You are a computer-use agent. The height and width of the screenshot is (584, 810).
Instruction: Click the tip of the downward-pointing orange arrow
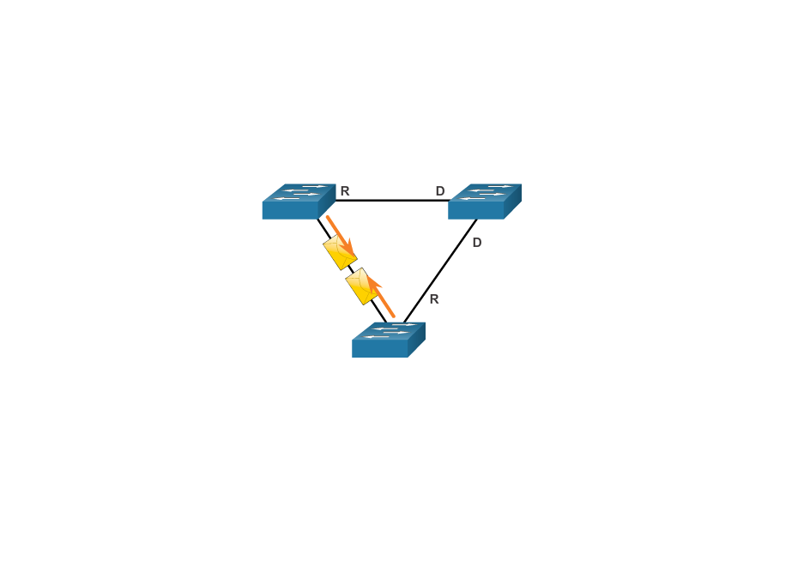pyautogui.click(x=354, y=255)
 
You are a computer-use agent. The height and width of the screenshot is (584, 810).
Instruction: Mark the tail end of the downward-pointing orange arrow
pyautogui.click(x=328, y=217)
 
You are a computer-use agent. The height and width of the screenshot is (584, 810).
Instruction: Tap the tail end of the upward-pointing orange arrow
pyautogui.click(x=394, y=316)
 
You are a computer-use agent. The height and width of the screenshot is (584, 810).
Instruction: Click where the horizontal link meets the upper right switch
pyautogui.click(x=449, y=201)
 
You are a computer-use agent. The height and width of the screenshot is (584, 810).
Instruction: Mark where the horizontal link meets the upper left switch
pyautogui.click(x=335, y=201)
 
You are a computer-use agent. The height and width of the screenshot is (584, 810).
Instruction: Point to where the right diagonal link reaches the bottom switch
pyautogui.click(x=404, y=322)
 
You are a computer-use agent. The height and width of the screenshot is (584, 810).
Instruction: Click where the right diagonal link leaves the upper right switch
pyautogui.click(x=476, y=220)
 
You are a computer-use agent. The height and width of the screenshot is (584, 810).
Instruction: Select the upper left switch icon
pyautogui.click(x=299, y=202)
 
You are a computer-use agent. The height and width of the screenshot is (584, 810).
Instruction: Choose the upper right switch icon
pyautogui.click(x=485, y=202)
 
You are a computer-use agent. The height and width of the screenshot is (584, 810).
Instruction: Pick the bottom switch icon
pyautogui.click(x=389, y=340)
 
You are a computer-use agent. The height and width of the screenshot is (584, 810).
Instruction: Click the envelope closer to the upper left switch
pyautogui.click(x=340, y=252)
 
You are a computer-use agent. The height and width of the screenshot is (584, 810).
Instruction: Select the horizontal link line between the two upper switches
pyautogui.click(x=391, y=201)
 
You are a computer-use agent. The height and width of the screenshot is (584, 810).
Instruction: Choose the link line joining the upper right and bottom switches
pyautogui.click(x=440, y=271)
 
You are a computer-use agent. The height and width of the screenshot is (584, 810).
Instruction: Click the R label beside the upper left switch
pyautogui.click(x=345, y=191)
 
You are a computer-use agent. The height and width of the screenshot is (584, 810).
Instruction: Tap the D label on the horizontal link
pyautogui.click(x=440, y=191)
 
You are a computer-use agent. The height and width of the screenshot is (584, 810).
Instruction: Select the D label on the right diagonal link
pyautogui.click(x=477, y=242)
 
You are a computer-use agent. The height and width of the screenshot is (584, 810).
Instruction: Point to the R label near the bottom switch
pyautogui.click(x=434, y=299)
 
